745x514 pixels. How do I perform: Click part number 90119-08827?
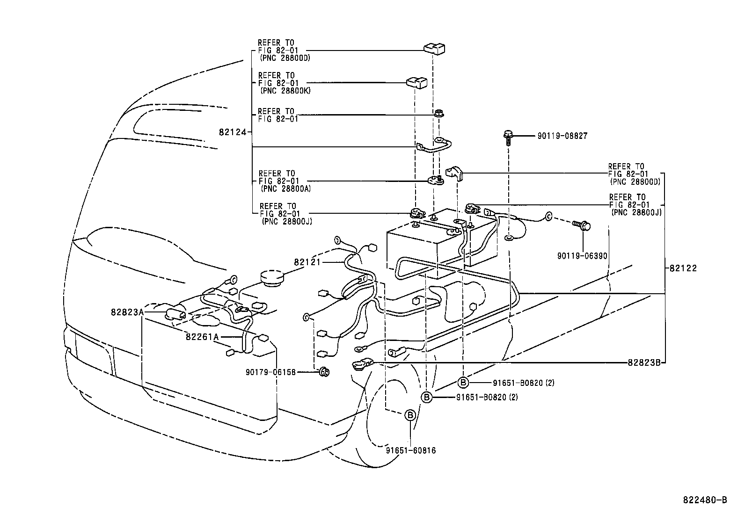point(562,136)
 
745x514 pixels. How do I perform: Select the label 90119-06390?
point(582,256)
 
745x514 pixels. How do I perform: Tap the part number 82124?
point(233,132)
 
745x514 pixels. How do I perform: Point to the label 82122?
point(683,268)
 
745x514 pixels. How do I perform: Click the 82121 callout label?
point(307,262)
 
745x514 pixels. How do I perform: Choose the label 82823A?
point(127,312)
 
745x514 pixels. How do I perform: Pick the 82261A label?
point(202,337)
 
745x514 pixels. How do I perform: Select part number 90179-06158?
point(271,372)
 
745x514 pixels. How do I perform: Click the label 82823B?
point(644,362)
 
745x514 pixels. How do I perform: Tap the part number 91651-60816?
point(411,450)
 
